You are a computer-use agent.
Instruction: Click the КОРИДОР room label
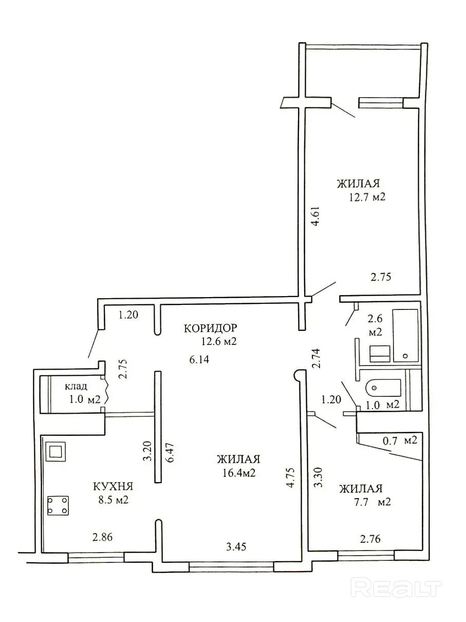click(210, 328)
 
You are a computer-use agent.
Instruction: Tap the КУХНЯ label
click(113, 487)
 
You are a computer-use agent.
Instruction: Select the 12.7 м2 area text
click(367, 197)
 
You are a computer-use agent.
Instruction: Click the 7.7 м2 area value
click(370, 502)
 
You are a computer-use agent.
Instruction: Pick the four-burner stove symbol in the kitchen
click(58, 505)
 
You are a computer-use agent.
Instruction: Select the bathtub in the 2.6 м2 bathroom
click(405, 336)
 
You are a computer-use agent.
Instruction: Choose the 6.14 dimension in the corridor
click(199, 359)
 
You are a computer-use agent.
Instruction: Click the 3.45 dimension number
click(236, 547)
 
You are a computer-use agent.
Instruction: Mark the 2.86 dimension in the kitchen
click(102, 537)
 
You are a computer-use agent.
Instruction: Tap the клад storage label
click(76, 386)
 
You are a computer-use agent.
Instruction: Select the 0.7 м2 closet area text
click(400, 441)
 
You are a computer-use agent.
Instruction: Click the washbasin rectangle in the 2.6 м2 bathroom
click(380, 353)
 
